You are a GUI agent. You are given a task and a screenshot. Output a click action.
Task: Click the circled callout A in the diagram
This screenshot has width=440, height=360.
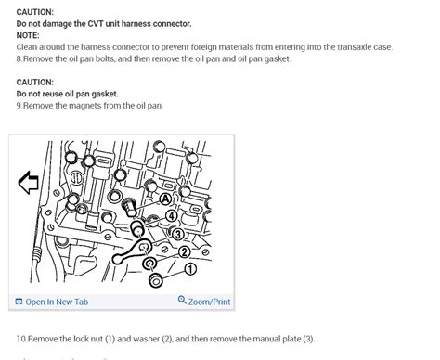coord(165,199)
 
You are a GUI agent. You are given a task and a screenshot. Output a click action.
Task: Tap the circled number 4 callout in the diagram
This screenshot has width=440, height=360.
coord(171,216)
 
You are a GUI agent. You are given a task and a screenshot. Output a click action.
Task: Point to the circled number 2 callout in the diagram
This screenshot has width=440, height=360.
coord(184,251)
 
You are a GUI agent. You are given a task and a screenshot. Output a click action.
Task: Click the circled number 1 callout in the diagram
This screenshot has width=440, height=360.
coord(190,269)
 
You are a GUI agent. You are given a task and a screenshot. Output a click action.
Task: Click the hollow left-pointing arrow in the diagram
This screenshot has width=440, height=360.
coord(29,183)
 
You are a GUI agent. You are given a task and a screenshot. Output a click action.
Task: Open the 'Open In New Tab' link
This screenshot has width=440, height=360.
coord(57,302)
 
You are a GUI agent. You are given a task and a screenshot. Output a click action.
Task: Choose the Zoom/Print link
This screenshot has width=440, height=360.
coord(210,302)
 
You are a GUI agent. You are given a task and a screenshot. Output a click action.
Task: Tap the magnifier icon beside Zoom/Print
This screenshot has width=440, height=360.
coord(182,301)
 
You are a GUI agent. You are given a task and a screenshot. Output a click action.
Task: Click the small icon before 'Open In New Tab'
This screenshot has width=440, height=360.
coord(19,302)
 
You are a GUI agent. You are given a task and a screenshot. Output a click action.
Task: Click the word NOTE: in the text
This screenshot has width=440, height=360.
coord(29,34)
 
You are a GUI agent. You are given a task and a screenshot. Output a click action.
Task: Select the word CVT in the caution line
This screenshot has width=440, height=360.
coord(121,22)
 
